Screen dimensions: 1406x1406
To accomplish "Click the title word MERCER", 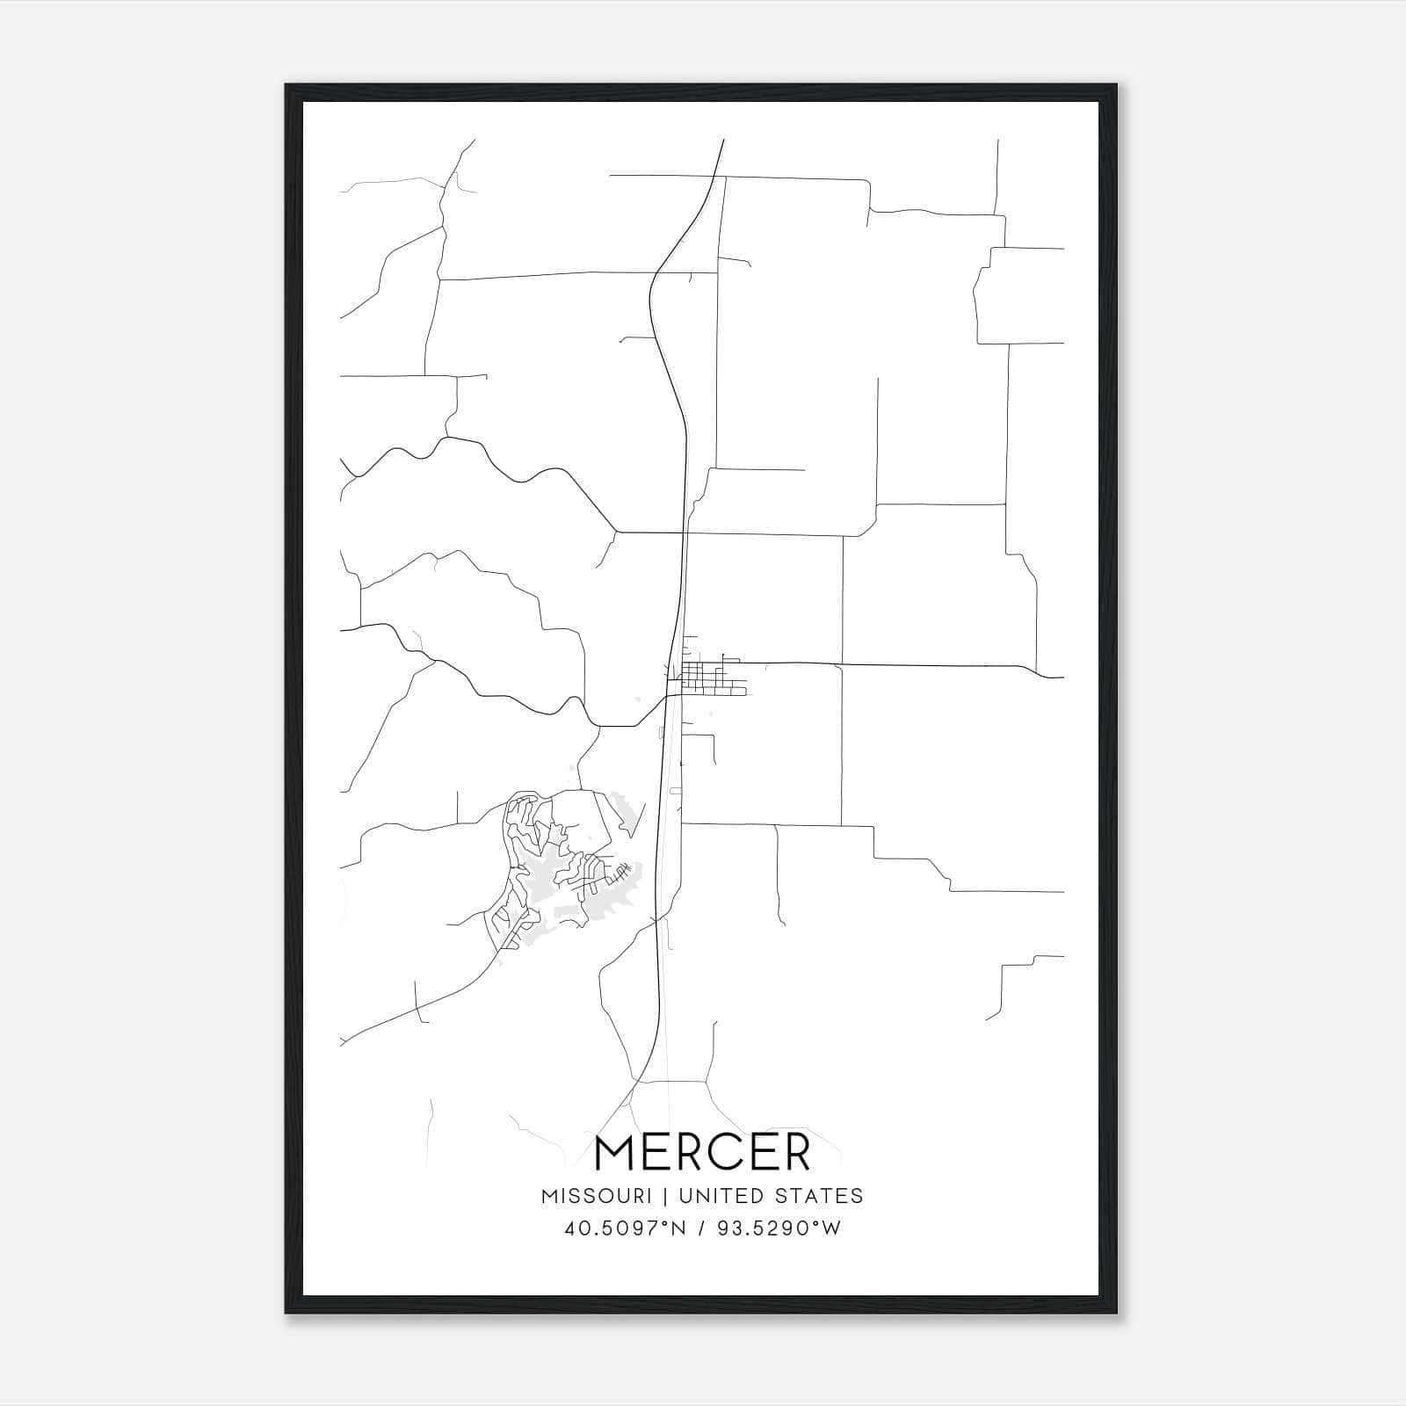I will tap(702, 1153).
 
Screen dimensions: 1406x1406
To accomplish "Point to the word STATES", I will tap(822, 1196).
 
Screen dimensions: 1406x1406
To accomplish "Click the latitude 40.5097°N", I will tap(623, 1228).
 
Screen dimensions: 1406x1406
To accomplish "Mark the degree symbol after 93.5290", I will tap(814, 1223).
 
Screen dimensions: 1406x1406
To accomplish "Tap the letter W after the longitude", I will tap(830, 1228).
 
